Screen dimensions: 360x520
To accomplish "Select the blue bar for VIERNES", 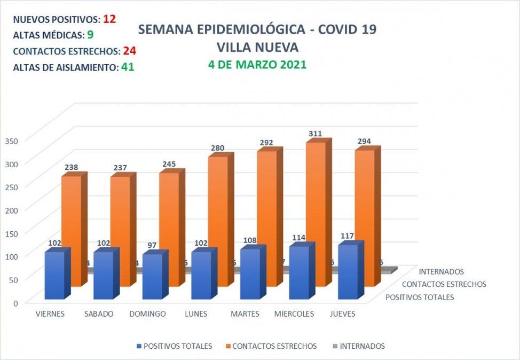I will click(x=54, y=275).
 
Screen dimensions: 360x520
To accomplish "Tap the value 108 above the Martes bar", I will click(x=250, y=240).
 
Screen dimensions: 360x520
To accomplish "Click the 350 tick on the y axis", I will click(x=11, y=140).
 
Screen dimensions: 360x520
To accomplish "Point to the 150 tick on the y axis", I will click(x=11, y=233).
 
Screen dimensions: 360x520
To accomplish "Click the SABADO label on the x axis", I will click(x=99, y=314).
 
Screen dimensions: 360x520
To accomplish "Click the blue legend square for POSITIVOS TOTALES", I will click(x=139, y=346).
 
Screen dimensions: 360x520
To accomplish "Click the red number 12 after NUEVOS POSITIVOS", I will click(x=109, y=19).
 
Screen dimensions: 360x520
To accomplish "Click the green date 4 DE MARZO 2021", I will click(x=257, y=65).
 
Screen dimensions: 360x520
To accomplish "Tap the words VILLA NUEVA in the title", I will click(x=257, y=47).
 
